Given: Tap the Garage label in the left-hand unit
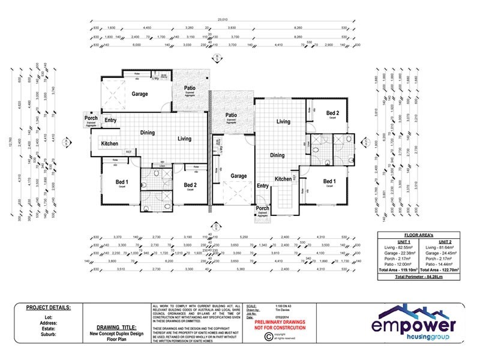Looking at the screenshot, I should coord(140,94).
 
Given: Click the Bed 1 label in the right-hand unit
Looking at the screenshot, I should coord(329,181).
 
